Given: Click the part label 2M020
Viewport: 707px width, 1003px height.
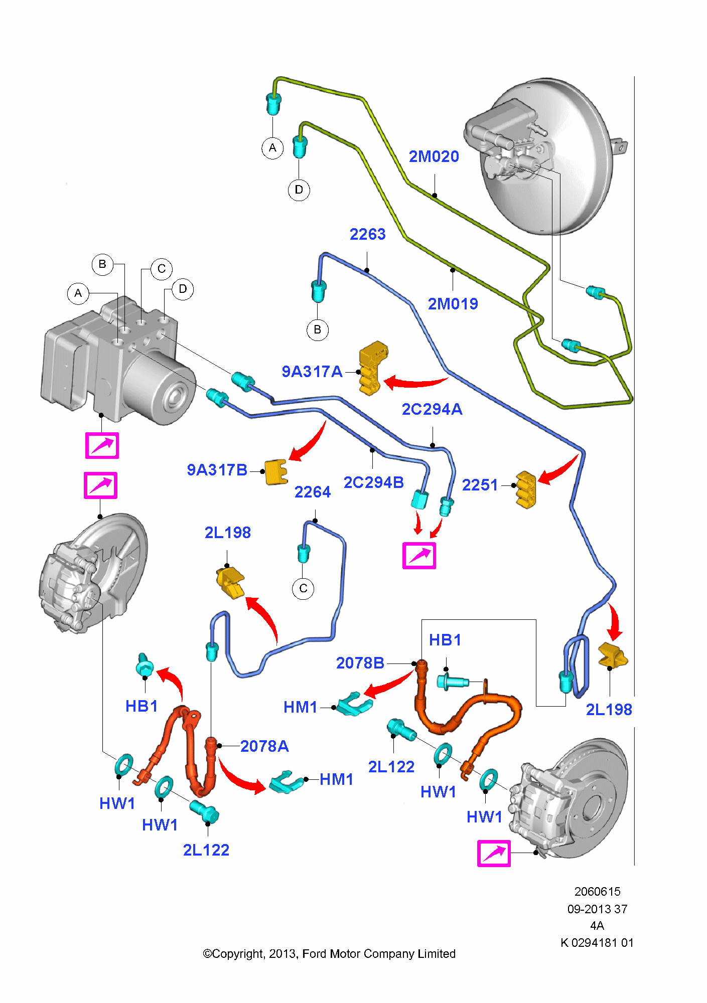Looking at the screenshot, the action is tap(434, 156).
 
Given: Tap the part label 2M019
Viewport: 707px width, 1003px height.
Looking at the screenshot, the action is tap(453, 303).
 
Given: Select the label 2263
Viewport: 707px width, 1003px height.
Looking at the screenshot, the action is tap(367, 234).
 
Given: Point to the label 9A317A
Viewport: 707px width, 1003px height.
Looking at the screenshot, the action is tap(312, 372).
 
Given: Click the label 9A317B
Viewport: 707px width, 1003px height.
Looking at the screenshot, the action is tap(217, 470).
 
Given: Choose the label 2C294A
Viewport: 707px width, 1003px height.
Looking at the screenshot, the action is tap(432, 409).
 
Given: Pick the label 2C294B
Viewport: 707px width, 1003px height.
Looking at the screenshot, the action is tap(374, 482).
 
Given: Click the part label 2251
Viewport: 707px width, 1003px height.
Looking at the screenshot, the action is tap(480, 485).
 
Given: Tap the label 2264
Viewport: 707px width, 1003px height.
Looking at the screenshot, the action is tap(313, 492).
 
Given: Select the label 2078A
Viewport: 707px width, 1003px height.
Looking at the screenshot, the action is tap(264, 746).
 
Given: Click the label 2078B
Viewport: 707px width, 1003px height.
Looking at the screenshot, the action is tap(360, 663).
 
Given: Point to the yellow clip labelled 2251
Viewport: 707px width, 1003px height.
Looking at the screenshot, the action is tap(526, 489).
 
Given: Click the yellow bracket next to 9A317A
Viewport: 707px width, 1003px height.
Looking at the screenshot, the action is tap(373, 368).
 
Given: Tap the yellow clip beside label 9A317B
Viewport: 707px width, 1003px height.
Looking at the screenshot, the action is tap(276, 472).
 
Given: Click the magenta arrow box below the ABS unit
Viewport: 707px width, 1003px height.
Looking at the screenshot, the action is tap(102, 445).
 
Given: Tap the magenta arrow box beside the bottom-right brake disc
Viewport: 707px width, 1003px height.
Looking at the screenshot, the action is tap(494, 854).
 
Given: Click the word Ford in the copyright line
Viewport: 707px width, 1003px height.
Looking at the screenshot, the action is tap(315, 953).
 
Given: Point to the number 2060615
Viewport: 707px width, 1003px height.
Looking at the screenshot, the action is tap(597, 891).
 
